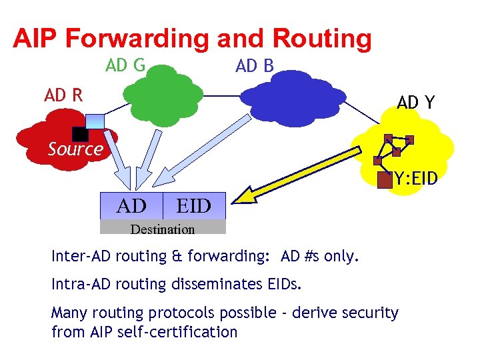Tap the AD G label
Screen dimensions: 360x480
click(125, 65)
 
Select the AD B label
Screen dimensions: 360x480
click(255, 66)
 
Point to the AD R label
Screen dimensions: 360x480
click(63, 95)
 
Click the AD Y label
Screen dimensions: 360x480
click(416, 102)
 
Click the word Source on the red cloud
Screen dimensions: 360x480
click(75, 149)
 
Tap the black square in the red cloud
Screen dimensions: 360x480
click(80, 133)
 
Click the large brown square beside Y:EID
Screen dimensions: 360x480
click(385, 179)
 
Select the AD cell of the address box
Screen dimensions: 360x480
click(132, 206)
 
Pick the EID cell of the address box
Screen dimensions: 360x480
click(193, 206)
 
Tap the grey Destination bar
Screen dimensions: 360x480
click(163, 229)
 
